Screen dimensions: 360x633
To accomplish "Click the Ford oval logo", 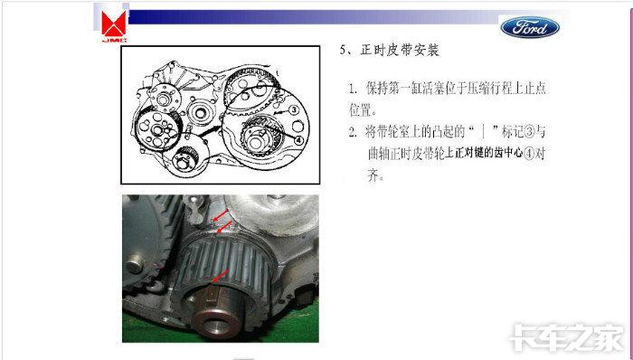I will [x=530, y=27].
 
